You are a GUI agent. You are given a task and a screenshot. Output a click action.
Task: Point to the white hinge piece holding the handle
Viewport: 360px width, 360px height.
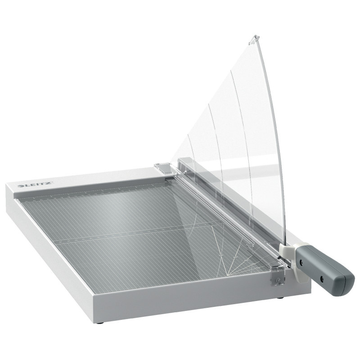(x=287, y=252)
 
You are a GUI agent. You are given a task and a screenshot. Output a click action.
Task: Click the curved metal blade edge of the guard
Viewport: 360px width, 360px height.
(x=270, y=135)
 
